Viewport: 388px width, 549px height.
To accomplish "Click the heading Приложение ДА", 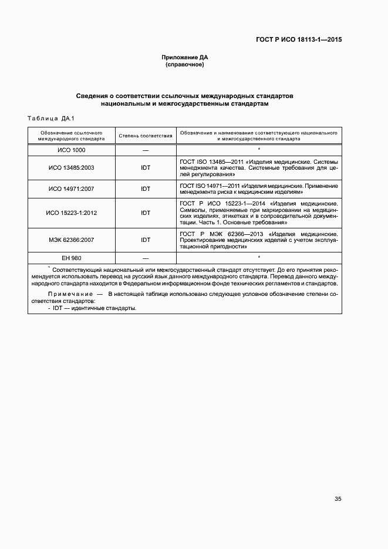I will pos(185,57).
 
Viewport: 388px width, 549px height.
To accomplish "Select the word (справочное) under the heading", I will pos(185,65).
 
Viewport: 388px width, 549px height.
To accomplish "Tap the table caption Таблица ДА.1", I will pos(51,119).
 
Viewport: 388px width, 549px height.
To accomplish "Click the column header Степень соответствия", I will pos(146,136).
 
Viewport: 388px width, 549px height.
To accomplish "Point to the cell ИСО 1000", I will pos(72,151).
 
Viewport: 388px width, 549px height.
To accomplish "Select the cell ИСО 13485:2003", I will pos(72,167).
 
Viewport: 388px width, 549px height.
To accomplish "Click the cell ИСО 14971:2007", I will pos(72,189).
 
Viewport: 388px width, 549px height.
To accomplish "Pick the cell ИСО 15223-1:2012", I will pos(72,213).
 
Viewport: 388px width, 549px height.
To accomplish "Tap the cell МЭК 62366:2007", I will pos(72,240).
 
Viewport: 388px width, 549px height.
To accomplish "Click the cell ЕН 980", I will pos(72,258).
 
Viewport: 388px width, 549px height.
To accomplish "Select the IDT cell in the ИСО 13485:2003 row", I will pos(146,167).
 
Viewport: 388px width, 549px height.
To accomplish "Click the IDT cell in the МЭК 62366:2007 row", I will pos(146,240).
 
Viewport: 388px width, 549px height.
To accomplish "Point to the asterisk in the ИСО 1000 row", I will pos(258,151).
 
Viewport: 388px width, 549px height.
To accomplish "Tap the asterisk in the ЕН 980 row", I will pos(258,258).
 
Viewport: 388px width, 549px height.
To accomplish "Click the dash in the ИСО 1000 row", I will pos(146,151).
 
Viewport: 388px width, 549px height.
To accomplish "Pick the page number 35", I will pos(338,499).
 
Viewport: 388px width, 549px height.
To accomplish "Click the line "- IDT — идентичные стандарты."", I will pos(92,308).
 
